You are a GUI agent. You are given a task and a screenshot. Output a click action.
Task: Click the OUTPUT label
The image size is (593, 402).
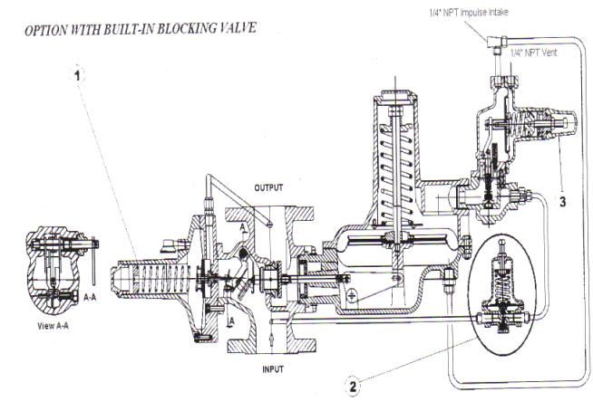tap(268, 188)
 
